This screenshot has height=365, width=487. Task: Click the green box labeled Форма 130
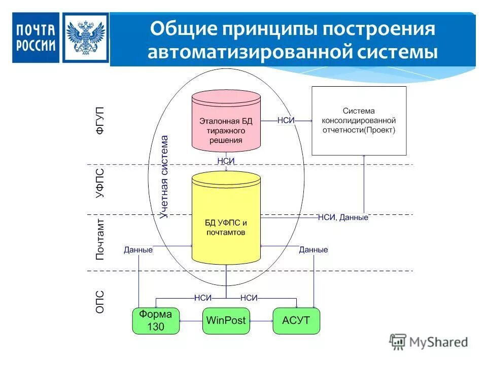point(156,320)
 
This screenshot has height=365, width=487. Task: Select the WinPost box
point(226,320)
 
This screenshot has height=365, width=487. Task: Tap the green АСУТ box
point(296,320)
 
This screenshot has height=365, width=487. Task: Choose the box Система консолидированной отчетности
point(359,121)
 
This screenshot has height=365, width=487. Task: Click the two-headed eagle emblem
point(85,38)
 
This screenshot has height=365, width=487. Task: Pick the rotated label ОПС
point(100,301)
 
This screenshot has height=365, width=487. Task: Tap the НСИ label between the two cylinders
point(225,161)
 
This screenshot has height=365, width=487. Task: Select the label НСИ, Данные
point(343,217)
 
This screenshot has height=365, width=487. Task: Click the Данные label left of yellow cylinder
point(138,249)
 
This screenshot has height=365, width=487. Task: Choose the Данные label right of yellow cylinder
point(313,249)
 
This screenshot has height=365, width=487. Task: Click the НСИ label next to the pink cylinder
point(286,121)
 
